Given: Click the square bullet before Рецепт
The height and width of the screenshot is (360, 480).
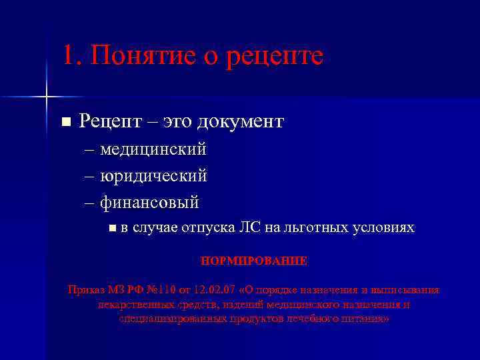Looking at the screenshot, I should click(65, 122).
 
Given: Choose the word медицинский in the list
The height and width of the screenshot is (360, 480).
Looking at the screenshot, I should click(153, 149).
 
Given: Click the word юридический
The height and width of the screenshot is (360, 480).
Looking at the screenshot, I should click(153, 176).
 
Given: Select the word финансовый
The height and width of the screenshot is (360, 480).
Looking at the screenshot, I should click(150, 202).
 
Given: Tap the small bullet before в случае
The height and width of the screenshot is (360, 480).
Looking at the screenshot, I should click(111, 229).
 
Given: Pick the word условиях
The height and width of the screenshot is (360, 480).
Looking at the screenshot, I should click(384, 228).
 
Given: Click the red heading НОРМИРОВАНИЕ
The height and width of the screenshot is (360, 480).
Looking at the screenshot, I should click(254, 261).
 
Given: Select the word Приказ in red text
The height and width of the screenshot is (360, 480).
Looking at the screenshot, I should click(85, 290).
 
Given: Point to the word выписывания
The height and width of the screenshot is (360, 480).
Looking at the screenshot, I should click(407, 290).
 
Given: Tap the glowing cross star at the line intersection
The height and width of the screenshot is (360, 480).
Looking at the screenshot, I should click(46, 97).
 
